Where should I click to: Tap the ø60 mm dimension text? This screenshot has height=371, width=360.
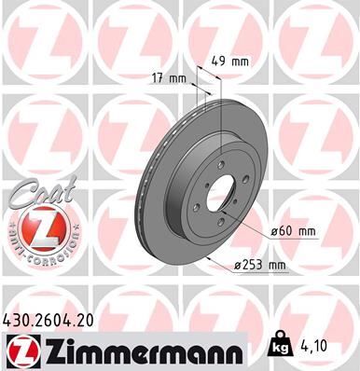click(x=292, y=230)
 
